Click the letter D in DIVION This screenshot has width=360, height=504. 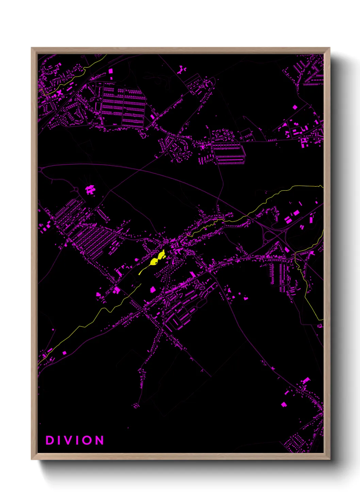pyautogui.click(x=50, y=440)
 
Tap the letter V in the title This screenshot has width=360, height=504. pyautogui.click(x=71, y=440)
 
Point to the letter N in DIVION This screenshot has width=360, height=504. pyautogui.click(x=99, y=440)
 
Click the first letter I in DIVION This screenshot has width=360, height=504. pyautogui.click(x=60, y=440)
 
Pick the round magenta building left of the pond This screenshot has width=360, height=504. pyautogui.click(x=136, y=260)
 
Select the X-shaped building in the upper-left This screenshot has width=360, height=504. pyautogui.click(x=60, y=92)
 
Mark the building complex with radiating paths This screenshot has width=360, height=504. pyautogui.click(x=90, y=189)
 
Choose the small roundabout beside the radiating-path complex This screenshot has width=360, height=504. pyautogui.click(x=76, y=189)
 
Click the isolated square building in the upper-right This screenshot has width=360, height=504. pyautogui.click(x=295, y=107)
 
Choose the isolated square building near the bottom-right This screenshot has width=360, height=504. pyautogui.click(x=284, y=405)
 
